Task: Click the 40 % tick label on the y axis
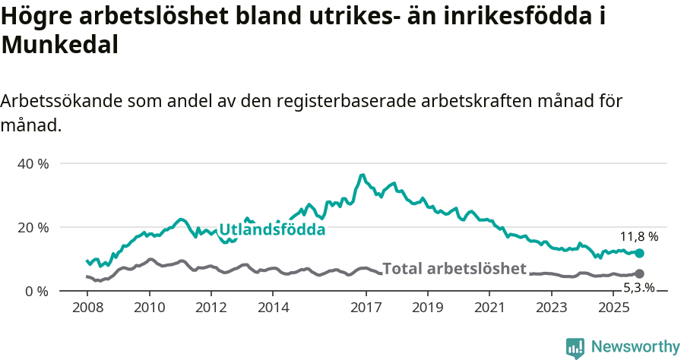click(x=33, y=163)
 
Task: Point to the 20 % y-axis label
click(x=33, y=227)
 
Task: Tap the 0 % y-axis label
click(x=36, y=291)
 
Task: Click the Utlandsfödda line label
click(x=272, y=229)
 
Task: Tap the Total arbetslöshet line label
click(x=454, y=268)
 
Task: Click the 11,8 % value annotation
click(x=638, y=236)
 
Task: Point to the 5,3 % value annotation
click(x=638, y=288)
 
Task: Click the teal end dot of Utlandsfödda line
click(x=639, y=253)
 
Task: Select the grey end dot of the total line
click(x=639, y=273)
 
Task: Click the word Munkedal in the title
click(x=60, y=45)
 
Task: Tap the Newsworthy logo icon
click(x=575, y=348)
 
